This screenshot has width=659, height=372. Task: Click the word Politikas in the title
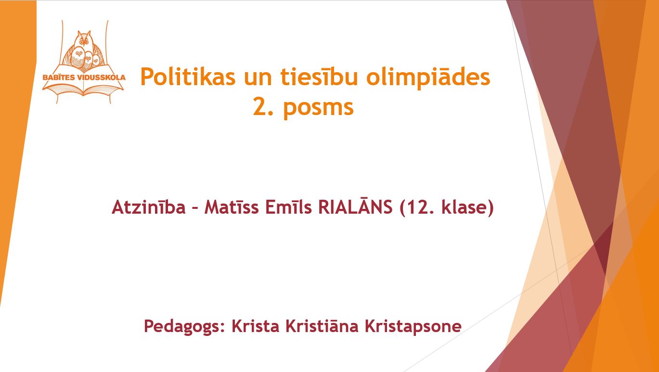(188, 77)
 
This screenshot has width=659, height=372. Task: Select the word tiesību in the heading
(319, 77)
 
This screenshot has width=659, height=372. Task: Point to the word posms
(318, 108)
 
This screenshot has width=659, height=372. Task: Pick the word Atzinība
(149, 207)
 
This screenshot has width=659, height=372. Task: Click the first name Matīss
(232, 207)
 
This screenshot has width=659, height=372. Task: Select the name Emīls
(288, 207)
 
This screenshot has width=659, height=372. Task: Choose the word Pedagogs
(184, 326)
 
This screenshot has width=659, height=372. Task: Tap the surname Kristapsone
(413, 326)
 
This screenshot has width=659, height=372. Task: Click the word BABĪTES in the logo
(58, 77)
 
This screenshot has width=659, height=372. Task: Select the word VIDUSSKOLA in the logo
(100, 77)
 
